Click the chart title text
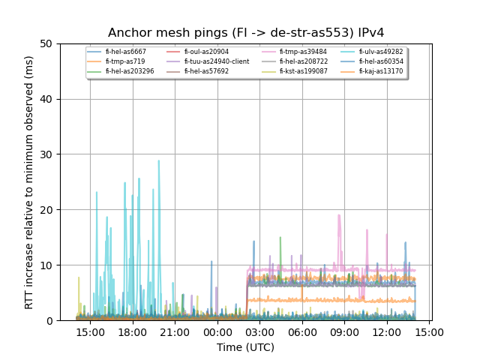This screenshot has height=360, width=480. click(x=245, y=33)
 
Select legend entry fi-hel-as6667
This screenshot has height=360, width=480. click(x=125, y=52)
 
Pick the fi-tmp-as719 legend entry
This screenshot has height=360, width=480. click(x=124, y=61)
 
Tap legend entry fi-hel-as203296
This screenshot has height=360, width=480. click(x=130, y=71)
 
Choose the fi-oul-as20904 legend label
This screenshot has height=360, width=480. click(x=206, y=52)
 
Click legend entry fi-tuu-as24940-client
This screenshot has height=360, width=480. click(x=216, y=61)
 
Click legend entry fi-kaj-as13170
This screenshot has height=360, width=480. click(x=381, y=71)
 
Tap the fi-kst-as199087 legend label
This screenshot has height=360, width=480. click(x=303, y=71)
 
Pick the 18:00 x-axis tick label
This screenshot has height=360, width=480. click(x=133, y=331)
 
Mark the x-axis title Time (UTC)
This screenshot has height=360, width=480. click(x=245, y=347)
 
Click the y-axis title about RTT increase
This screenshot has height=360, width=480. click(x=29, y=182)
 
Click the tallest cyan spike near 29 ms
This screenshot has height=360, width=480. click(x=158, y=161)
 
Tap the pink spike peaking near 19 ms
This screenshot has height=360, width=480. click(x=339, y=217)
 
